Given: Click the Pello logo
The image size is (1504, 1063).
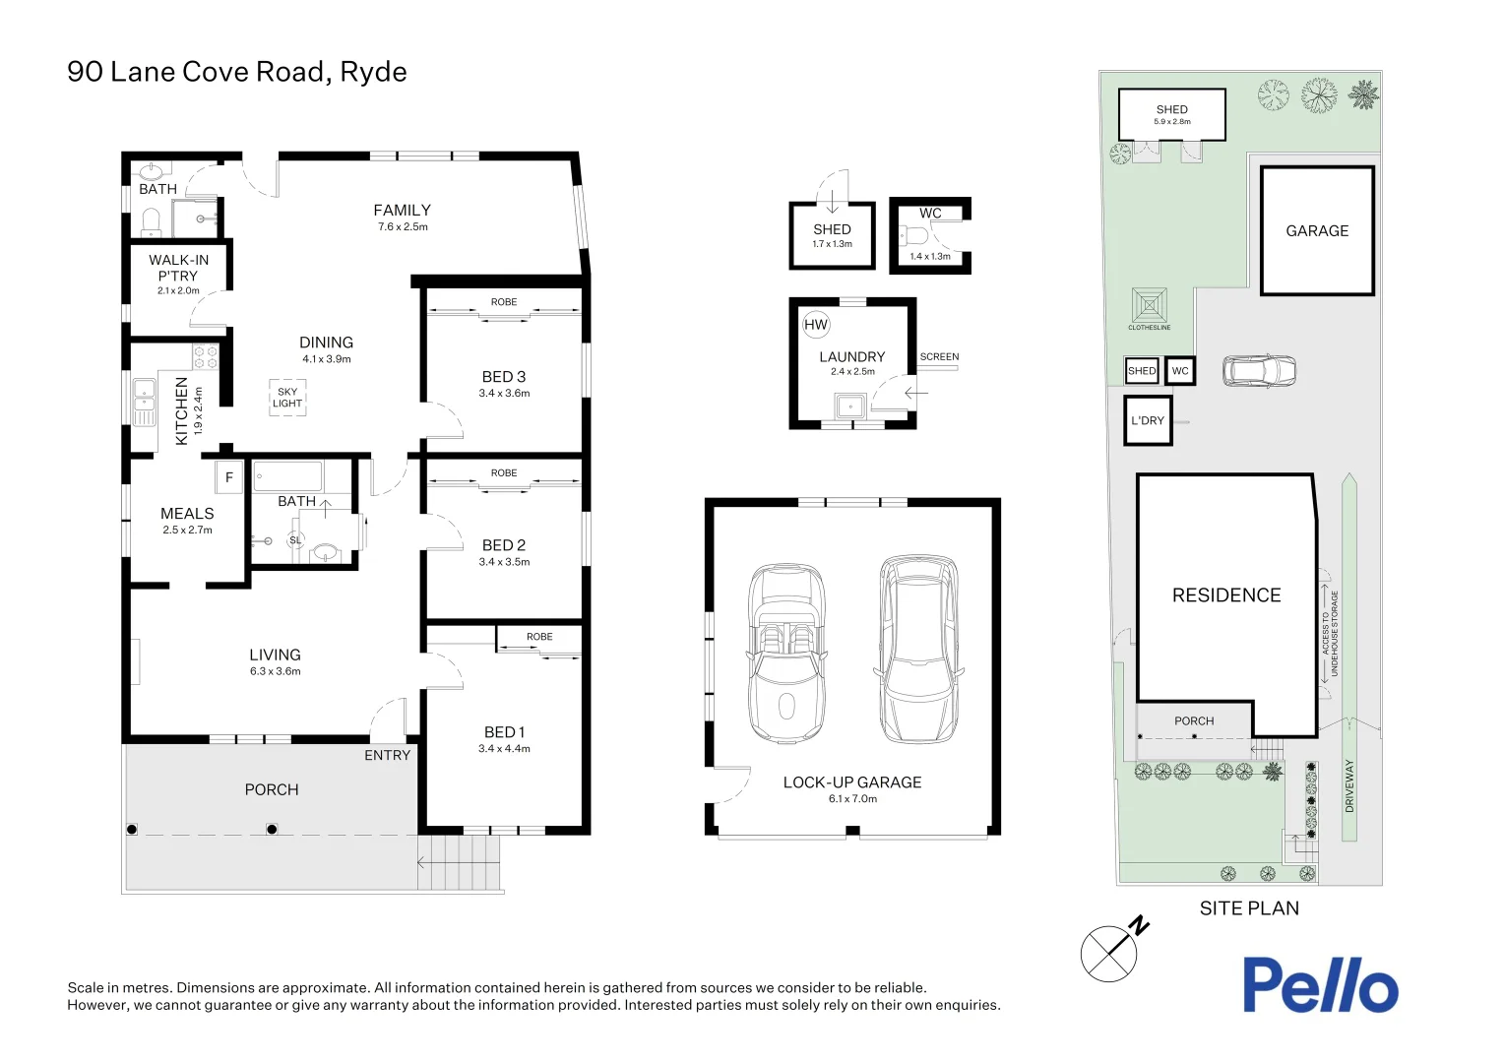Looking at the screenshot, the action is click(x=1321, y=984).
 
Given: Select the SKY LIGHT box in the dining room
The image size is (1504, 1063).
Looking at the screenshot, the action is click(x=287, y=398).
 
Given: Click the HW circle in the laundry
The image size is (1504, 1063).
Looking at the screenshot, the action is click(x=816, y=325).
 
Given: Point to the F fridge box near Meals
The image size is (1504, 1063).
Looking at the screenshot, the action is click(x=229, y=477).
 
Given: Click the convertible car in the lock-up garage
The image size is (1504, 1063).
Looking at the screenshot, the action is click(x=786, y=653).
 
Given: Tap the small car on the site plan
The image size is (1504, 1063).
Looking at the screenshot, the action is click(x=1259, y=371).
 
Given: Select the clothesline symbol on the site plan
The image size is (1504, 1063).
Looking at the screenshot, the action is click(x=1150, y=305).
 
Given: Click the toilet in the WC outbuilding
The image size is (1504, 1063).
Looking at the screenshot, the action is click(x=913, y=235).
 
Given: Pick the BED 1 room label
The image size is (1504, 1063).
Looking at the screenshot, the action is click(x=504, y=732).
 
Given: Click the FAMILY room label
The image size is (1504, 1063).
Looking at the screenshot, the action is click(x=403, y=211).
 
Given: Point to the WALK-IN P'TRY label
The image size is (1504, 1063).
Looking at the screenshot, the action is click(x=178, y=268).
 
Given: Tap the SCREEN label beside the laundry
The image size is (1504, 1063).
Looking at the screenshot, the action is click(x=939, y=356).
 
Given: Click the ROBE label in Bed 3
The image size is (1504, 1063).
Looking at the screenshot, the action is click(x=504, y=302).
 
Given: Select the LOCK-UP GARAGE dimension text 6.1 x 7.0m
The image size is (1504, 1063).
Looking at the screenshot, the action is click(x=852, y=798).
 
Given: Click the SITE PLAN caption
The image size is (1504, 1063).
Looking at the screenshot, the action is click(x=1249, y=908).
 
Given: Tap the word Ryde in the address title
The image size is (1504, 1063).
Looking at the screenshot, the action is click(x=373, y=73).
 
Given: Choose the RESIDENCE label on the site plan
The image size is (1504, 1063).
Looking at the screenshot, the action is click(x=1226, y=594).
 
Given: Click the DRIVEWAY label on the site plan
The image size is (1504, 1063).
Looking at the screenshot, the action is click(x=1349, y=786).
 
